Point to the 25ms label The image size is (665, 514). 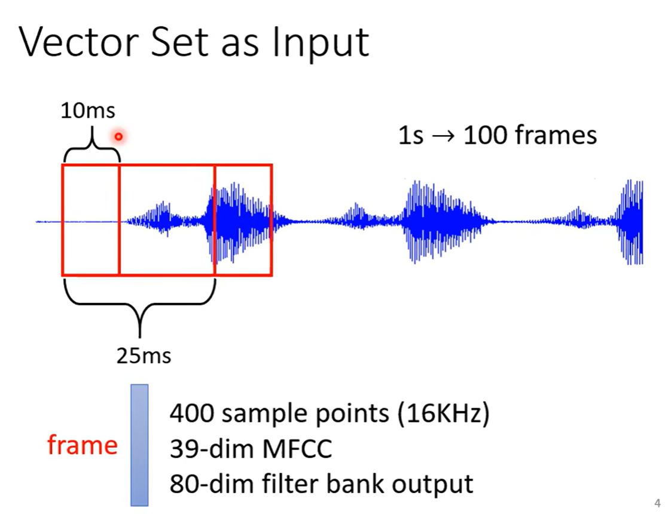144,356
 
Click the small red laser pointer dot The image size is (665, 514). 118,137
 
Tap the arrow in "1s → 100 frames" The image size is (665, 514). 443,136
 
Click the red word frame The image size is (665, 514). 82,445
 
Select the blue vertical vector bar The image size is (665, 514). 139,445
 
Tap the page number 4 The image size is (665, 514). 657,502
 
